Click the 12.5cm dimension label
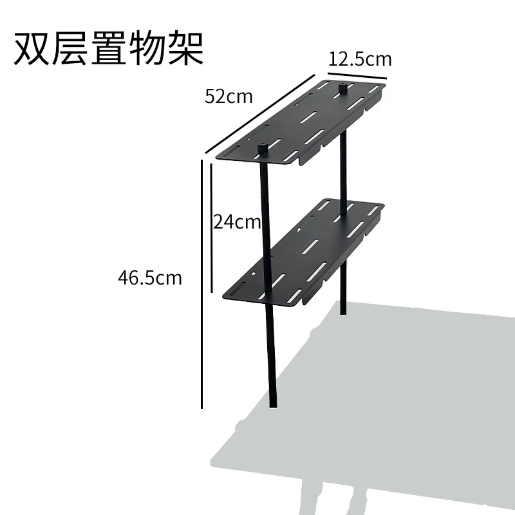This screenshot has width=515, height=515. click(x=360, y=59)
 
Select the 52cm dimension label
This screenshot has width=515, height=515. click(x=229, y=97)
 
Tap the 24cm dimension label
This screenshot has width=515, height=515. click(x=237, y=222)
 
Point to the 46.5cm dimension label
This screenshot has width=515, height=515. click(x=150, y=278)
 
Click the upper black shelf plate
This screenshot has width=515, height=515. click(x=303, y=122)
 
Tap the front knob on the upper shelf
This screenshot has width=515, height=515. click(x=263, y=148)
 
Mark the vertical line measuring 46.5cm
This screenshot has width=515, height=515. click(x=202, y=283)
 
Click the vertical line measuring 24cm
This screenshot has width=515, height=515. click(x=211, y=225)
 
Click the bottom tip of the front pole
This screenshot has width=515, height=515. click(x=273, y=406)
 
